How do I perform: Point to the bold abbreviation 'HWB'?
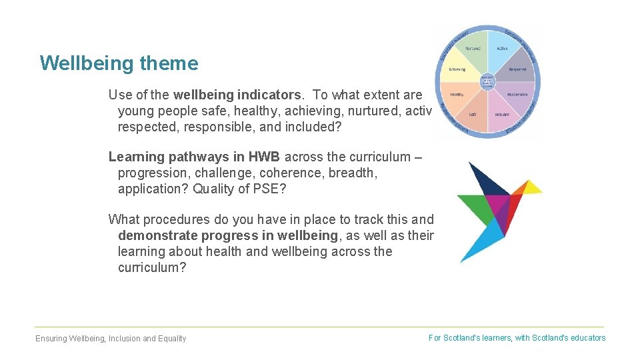(265, 157)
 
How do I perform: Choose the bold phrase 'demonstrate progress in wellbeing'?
(228, 235)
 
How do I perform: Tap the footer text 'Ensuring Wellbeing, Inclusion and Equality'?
(111, 339)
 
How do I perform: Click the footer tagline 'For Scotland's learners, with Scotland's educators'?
(517, 338)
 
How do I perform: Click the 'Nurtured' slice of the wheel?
(472, 50)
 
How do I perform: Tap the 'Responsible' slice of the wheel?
(517, 94)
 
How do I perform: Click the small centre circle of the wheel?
(487, 81)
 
